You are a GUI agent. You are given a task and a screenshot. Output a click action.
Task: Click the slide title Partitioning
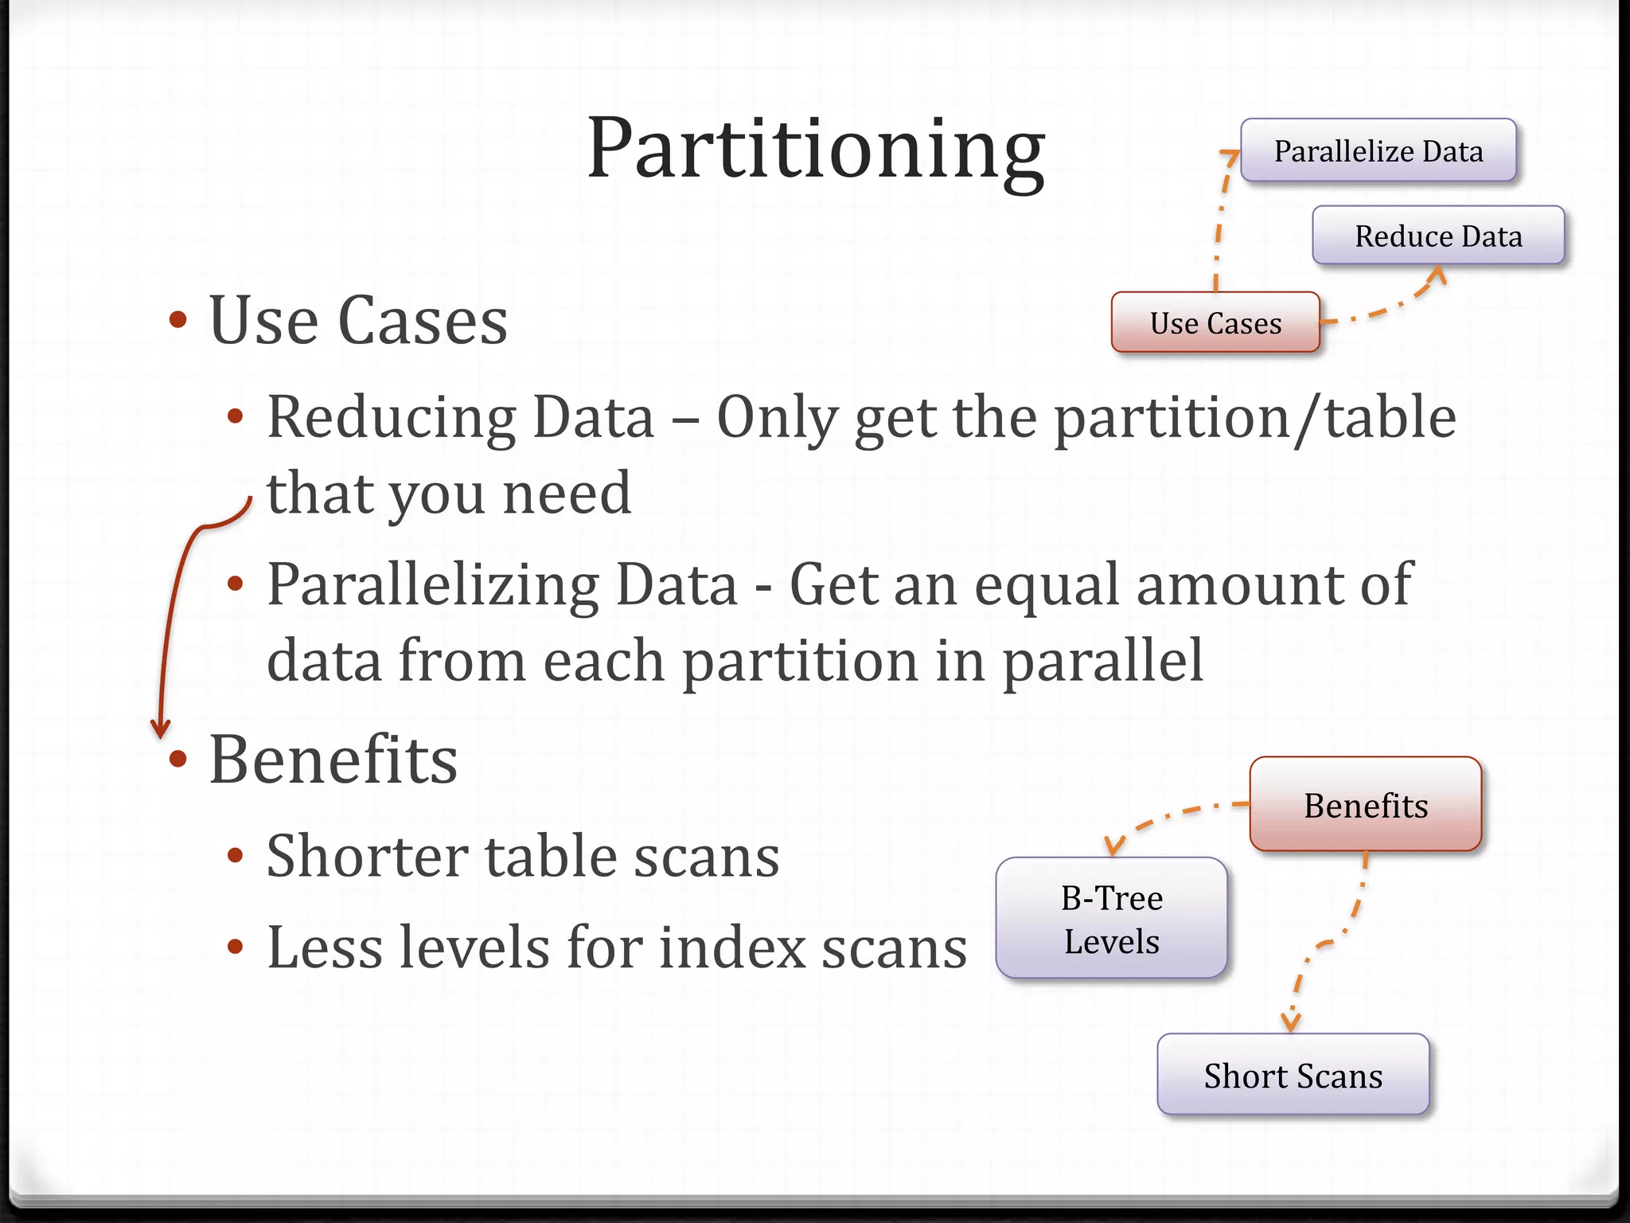815,150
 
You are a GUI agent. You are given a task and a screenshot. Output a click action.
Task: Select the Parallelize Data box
1378,150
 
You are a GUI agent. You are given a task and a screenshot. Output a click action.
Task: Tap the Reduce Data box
1437,236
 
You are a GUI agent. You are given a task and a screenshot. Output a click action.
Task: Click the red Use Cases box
1215,322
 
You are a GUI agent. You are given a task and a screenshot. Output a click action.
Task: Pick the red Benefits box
1365,804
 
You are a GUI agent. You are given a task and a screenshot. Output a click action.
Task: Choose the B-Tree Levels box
1111,918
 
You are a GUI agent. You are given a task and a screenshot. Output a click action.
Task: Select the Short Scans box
1293,1075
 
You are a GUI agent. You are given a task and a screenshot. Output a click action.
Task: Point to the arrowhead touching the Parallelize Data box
1231,154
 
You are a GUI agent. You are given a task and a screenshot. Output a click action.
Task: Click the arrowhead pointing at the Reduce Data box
1437,274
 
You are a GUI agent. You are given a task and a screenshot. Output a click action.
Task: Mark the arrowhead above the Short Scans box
1290,1022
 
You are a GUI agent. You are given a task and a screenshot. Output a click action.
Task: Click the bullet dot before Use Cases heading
178,320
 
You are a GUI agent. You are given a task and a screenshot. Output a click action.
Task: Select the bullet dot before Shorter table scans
235,856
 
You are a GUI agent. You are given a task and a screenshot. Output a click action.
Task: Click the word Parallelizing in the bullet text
433,585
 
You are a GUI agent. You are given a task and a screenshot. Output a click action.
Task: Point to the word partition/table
1255,418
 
